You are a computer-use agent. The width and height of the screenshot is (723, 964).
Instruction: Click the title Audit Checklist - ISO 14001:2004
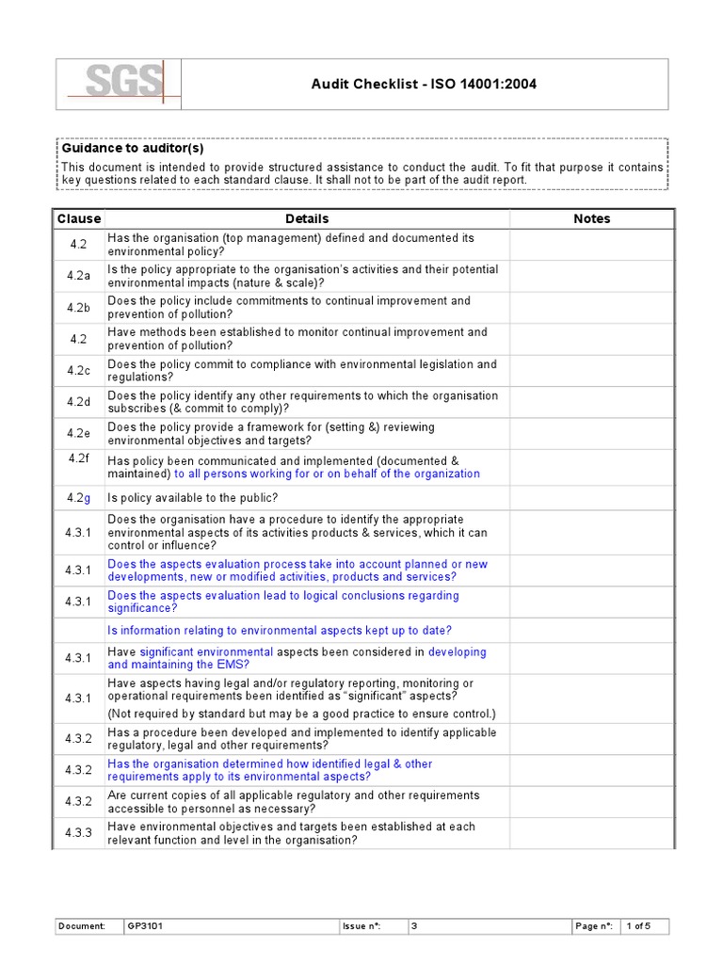(425, 85)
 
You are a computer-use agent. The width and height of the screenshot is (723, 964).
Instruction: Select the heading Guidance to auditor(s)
(133, 148)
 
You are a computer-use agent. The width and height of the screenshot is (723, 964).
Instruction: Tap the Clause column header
(79, 218)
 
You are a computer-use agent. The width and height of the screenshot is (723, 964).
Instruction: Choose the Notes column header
(591, 218)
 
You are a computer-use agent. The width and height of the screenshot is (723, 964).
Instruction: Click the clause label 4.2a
(79, 276)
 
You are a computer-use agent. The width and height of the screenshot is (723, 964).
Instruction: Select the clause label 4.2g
(79, 498)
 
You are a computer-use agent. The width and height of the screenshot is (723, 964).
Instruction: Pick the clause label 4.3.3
(79, 833)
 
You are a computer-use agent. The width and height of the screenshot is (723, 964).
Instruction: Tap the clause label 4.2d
(79, 402)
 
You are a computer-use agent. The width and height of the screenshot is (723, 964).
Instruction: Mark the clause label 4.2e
(79, 434)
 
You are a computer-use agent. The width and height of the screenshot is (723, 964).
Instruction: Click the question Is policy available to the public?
(193, 498)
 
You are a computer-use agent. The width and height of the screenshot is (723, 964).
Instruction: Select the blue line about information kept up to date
(280, 630)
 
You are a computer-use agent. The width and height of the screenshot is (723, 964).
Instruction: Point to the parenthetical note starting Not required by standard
(301, 714)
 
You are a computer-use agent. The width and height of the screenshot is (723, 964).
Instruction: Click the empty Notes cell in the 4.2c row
(591, 371)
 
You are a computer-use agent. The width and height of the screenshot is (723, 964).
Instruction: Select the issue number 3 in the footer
(414, 926)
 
